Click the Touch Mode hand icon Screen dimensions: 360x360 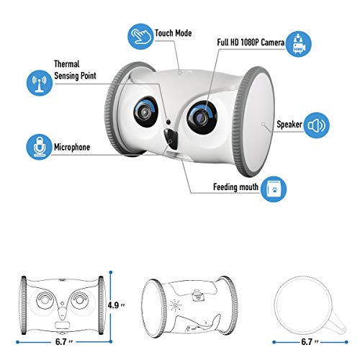[140, 37]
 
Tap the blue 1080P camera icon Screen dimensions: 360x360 [299, 44]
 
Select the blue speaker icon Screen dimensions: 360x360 [317, 125]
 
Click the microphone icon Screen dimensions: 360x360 [39, 147]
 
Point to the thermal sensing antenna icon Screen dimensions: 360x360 [40, 83]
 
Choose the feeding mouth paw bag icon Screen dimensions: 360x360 [274, 189]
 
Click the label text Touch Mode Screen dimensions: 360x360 [174, 33]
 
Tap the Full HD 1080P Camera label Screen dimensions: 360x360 [251, 42]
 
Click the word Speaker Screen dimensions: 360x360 [289, 125]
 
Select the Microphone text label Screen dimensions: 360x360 [72, 147]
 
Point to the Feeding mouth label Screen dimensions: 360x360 [235, 187]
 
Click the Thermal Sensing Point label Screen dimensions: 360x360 [75, 70]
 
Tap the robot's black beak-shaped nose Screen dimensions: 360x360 [171, 139]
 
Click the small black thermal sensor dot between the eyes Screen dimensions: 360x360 [168, 122]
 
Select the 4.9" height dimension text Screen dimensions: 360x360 [117, 305]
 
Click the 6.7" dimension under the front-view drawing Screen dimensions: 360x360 [64, 342]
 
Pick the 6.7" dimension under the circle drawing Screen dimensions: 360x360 [310, 342]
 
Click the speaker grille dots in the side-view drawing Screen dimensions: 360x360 [176, 306]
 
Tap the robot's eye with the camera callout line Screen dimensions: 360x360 [202, 117]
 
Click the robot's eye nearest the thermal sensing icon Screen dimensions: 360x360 [146, 112]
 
